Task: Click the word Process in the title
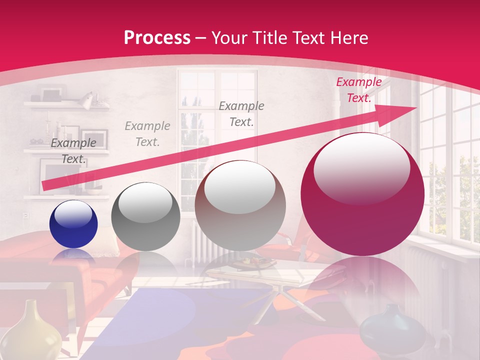(x=157, y=38)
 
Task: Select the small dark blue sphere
(x=73, y=224)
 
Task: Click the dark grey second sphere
(x=145, y=217)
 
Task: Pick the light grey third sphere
(x=240, y=206)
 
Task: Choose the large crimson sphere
(x=362, y=195)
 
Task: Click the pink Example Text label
(x=358, y=90)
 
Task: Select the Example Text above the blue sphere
(x=73, y=151)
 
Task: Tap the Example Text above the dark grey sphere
(x=147, y=133)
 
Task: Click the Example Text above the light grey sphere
(x=241, y=113)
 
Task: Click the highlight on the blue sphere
(x=73, y=215)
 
